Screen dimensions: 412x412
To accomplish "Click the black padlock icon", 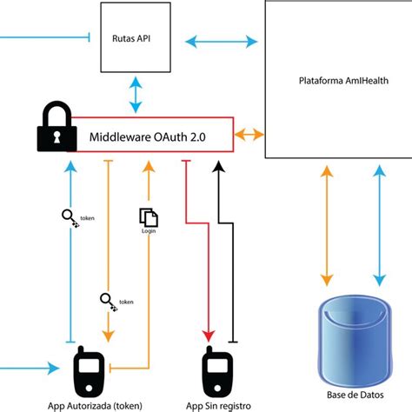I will click(57, 128).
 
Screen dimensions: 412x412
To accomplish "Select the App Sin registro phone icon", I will click(216, 371).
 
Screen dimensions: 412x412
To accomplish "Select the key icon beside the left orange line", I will click(108, 302).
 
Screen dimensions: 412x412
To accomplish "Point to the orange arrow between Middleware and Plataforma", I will click(249, 135).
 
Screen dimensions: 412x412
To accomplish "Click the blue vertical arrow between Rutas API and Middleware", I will click(136, 94).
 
